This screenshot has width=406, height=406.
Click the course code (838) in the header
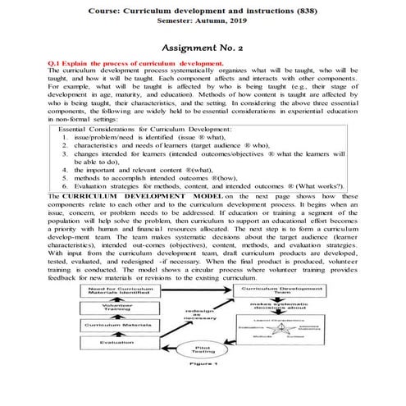pos(330,8)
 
